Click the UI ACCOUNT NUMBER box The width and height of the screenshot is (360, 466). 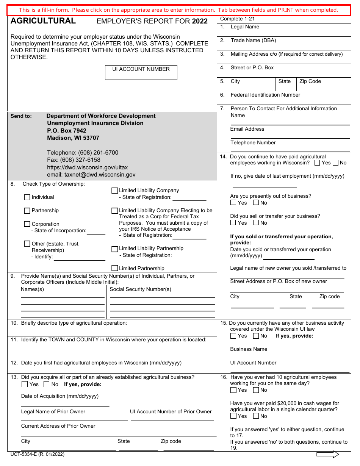pyautogui.click(x=141, y=72)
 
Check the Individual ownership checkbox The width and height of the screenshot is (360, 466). pyautogui.click(x=27, y=197)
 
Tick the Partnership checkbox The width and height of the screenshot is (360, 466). pyautogui.click(x=27, y=211)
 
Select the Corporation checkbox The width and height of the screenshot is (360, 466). pyautogui.click(x=27, y=224)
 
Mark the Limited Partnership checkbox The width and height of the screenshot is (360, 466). pyautogui.click(x=115, y=268)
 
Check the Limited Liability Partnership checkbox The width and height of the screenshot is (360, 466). pyautogui.click(x=115, y=249)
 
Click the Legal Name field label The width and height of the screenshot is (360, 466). pyautogui.click(x=245, y=27)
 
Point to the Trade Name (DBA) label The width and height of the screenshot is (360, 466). pyautogui.click(x=253, y=41)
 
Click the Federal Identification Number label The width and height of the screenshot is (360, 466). pyautogui.click(x=265, y=95)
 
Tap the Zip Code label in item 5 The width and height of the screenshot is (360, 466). pyautogui.click(x=310, y=81)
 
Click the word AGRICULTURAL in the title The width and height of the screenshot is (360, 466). pyautogui.click(x=43, y=21)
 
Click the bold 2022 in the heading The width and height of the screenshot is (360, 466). pyautogui.click(x=200, y=21)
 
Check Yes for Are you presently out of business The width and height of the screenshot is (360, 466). pyautogui.click(x=233, y=203)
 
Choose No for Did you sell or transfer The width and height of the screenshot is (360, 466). pyautogui.click(x=256, y=223)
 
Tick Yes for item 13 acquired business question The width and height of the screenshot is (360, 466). pyautogui.click(x=25, y=385)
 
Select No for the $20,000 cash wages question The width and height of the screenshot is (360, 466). pyautogui.click(x=256, y=416)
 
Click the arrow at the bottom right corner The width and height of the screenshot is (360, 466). pyautogui.click(x=327, y=455)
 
